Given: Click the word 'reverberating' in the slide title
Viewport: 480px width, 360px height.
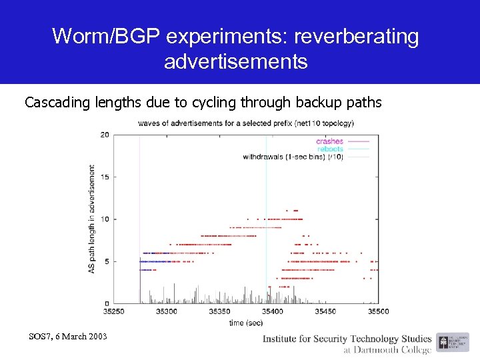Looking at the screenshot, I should point(358,37).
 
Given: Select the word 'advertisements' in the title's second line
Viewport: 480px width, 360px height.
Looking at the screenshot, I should point(235,62).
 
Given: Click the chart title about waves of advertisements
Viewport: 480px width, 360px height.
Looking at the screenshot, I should point(245,123).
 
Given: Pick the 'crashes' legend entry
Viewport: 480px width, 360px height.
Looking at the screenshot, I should point(329,141).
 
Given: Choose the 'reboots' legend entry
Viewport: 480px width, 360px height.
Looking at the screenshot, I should point(330,149).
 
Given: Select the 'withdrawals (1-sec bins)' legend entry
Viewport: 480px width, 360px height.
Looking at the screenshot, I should point(293,157).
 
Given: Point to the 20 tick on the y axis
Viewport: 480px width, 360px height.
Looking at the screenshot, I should point(105,135).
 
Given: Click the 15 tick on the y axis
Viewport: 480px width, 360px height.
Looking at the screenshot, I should point(105,177).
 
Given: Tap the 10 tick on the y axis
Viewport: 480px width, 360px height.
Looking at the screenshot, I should point(105,219).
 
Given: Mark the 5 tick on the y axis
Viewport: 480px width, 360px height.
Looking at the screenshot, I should point(107,261).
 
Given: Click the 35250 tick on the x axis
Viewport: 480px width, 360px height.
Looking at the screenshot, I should point(113,311).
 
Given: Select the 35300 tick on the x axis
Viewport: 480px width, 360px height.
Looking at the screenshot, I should point(166,311).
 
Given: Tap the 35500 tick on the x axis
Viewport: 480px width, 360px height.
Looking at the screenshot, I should point(378,311).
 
